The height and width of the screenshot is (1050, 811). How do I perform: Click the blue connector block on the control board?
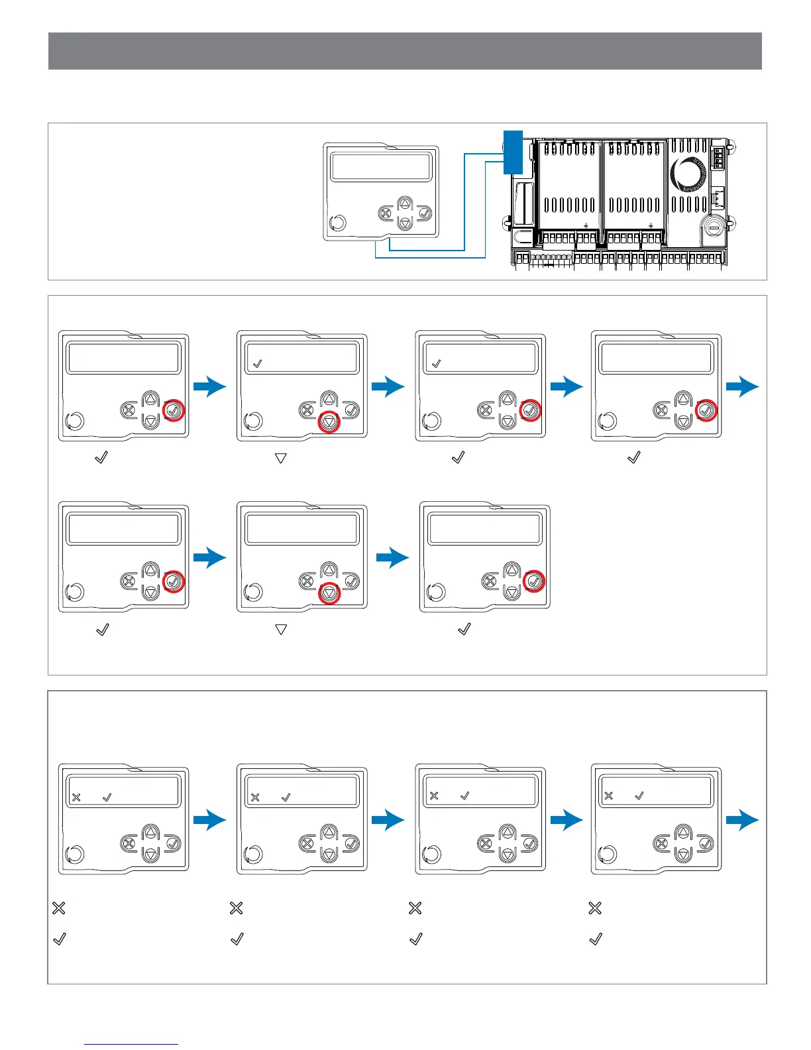pos(513,152)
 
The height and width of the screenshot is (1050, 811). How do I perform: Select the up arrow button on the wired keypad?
pos(405,204)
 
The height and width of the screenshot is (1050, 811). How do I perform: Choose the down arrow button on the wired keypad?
pos(405,223)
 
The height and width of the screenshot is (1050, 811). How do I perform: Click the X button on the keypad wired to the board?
pos(386,213)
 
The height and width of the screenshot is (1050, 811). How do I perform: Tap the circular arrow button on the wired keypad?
pos(337,222)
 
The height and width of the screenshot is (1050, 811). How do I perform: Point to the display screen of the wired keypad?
pos(380,165)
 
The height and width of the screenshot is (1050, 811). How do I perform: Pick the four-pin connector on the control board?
pos(718,158)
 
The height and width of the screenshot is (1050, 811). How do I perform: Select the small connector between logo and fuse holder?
pos(718,197)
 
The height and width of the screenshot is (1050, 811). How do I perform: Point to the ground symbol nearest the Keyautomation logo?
pos(651,225)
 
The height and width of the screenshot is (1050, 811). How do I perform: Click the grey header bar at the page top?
pos(405,51)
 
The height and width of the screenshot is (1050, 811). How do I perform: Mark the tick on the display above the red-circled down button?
pos(258,363)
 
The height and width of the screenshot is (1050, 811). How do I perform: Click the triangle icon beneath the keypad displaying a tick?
pos(280,458)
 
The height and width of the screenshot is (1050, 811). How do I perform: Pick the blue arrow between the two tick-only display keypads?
pos(388,386)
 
